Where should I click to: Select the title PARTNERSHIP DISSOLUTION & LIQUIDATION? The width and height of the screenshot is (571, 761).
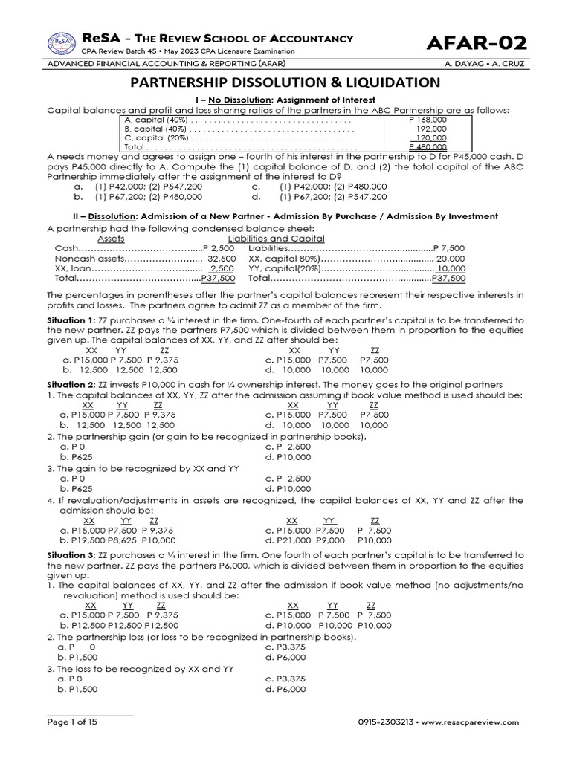pyautogui.click(x=285, y=82)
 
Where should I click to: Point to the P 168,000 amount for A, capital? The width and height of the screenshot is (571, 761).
pyautogui.click(x=428, y=119)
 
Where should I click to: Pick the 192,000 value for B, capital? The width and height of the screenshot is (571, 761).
pyautogui.click(x=431, y=128)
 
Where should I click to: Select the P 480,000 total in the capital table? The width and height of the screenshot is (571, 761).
pyautogui.click(x=428, y=147)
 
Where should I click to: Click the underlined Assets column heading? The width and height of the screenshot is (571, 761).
pyautogui.click(x=111, y=239)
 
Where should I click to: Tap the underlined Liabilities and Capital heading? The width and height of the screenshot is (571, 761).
pyautogui.click(x=286, y=239)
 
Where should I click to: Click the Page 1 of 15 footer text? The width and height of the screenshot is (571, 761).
pyautogui.click(x=72, y=722)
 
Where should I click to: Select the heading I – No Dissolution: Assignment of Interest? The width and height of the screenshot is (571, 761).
pyautogui.click(x=285, y=100)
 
